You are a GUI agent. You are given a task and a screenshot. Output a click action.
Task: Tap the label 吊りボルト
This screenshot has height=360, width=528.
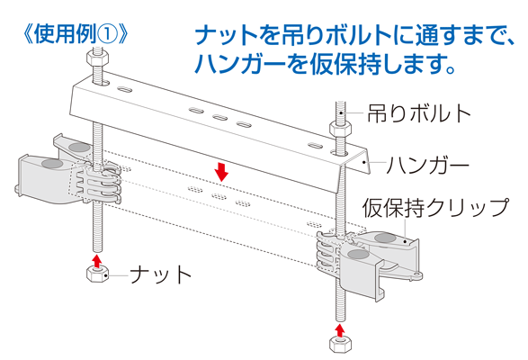pos(419,113)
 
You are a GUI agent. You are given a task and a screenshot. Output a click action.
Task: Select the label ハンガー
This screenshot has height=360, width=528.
pos(427,166)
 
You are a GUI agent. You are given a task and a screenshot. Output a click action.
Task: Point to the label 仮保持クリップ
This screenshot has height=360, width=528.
pos(435,207)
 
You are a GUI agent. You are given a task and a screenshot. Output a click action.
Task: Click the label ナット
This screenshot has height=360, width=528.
pos(161,274)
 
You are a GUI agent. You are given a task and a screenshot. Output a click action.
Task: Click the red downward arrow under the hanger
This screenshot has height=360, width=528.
pos(222,172)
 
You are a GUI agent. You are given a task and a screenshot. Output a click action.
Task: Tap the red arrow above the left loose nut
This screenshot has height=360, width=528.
pos(97,261)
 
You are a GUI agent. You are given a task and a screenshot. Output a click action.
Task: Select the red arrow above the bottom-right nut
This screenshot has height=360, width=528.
pos(340,330)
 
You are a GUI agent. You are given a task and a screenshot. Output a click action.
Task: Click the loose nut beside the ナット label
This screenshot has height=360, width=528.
pos(98,274)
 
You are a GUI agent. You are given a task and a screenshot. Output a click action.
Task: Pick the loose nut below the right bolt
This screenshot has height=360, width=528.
pos(340,344)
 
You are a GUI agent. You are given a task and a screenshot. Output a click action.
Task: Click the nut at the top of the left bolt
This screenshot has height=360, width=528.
pos(97,58)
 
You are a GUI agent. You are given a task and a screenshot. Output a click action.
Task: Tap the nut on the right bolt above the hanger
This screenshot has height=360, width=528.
pos(340,129)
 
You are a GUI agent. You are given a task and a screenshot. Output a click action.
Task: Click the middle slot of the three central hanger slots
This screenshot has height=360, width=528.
pos(219,118)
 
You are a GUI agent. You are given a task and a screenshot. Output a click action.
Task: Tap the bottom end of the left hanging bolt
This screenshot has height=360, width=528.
pos(97,250)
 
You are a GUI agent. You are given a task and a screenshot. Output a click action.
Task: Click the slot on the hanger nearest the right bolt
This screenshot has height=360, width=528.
pos(315,147)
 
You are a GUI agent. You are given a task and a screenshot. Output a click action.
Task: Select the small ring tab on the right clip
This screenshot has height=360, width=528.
pos(418,275)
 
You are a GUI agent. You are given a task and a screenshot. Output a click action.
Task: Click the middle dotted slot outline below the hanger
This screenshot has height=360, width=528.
pos(219,196)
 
